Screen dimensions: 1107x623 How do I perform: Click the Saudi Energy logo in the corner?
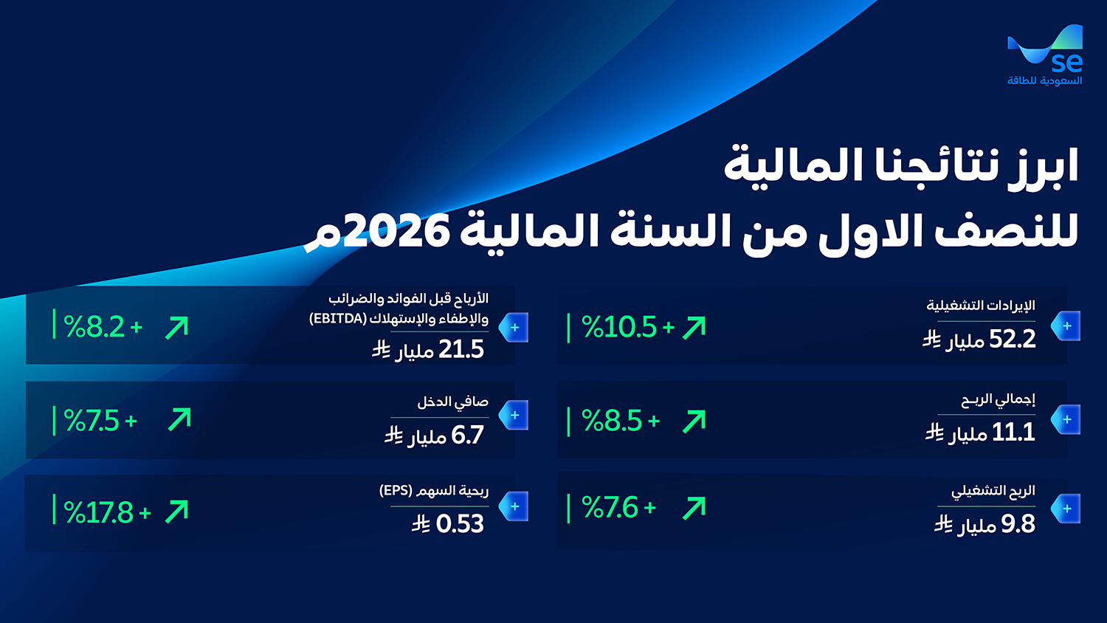1045,55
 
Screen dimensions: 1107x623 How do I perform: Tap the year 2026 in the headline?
396,230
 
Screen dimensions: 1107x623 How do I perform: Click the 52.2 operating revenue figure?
1012,340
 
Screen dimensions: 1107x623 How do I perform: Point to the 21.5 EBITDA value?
461,350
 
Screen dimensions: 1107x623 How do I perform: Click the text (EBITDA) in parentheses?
338,318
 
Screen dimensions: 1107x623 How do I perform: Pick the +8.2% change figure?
103,327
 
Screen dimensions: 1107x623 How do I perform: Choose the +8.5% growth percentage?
621,421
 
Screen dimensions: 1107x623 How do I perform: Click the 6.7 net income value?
467,435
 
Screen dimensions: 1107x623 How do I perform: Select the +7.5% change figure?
100,421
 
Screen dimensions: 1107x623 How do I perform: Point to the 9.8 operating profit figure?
1018,524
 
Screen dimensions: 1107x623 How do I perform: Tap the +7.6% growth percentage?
618,508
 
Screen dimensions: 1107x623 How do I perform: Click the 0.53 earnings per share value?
460,524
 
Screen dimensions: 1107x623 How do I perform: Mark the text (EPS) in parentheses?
396,490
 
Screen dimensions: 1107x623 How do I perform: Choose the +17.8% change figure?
107,512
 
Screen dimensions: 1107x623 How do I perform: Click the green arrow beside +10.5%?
694,328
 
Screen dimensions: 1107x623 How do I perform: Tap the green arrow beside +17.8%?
177,512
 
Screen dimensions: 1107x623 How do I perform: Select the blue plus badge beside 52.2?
1066,326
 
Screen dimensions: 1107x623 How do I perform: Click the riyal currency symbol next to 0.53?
421,524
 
